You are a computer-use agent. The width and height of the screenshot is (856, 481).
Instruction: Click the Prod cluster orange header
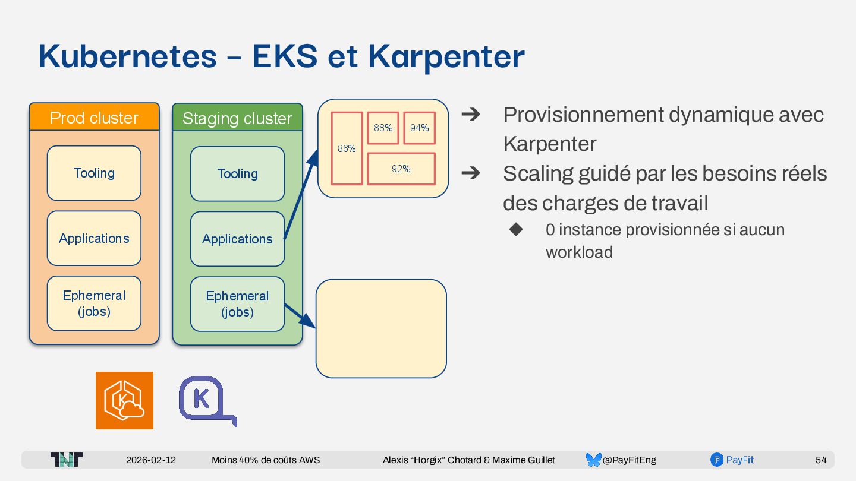[94, 118]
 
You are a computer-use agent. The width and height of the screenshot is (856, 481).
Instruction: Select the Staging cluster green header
[237, 118]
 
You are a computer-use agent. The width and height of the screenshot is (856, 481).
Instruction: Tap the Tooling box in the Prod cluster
[94, 173]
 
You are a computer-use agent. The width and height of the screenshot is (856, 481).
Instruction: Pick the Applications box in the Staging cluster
[237, 239]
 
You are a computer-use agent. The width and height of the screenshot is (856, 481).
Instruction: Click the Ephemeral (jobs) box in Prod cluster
[94, 303]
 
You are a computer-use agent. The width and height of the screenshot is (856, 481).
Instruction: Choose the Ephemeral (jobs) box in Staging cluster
[237, 303]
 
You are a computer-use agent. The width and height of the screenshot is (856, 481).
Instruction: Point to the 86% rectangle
[347, 148]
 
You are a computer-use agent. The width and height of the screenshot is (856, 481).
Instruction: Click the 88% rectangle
[383, 128]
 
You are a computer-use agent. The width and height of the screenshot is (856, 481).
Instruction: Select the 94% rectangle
[420, 128]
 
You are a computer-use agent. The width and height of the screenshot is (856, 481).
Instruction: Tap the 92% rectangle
[401, 169]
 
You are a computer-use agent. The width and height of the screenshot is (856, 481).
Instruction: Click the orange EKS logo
[124, 400]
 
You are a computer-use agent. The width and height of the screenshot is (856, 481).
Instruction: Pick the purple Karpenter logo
[205, 400]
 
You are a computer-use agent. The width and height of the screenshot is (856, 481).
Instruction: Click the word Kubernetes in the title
[127, 56]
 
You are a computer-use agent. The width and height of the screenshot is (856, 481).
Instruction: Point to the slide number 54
[821, 460]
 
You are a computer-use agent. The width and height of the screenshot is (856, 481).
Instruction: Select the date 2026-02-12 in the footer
[151, 460]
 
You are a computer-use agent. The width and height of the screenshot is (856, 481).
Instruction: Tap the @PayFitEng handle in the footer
[629, 460]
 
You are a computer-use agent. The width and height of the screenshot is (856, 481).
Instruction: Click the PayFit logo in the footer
[732, 460]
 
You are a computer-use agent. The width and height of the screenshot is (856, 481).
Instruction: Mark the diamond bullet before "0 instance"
[516, 229]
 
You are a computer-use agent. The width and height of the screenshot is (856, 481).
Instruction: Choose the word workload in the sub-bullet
[579, 252]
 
